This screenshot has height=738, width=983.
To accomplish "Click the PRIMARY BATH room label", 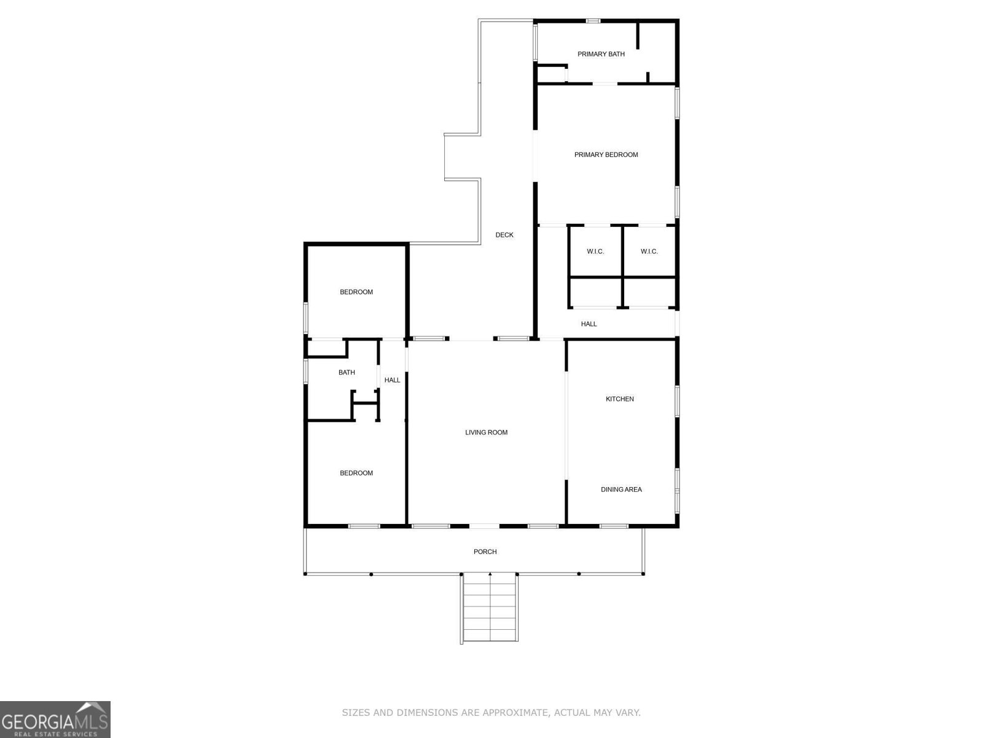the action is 600,54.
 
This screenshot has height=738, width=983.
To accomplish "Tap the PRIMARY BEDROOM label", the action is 606,154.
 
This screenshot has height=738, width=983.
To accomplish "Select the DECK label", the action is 504,235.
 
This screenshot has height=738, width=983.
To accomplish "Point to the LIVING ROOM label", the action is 486,432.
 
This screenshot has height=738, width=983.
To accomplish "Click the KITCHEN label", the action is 619,399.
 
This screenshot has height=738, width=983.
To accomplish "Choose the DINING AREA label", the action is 621,490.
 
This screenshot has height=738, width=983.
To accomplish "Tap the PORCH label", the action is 485,552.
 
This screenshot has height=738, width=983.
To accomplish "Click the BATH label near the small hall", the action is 347,372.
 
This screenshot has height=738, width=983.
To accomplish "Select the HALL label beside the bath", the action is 392,380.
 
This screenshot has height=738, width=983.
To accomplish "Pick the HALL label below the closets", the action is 589,324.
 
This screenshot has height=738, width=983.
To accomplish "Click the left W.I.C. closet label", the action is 595,252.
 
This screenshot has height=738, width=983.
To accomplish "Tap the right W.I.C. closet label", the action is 649,252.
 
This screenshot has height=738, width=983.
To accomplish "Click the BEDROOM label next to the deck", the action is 356,292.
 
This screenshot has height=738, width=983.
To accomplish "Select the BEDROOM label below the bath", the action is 356,473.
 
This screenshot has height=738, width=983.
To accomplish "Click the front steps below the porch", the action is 490,608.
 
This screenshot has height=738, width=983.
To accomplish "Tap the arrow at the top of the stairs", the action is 490,574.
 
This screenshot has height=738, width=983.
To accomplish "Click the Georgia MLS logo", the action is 55,719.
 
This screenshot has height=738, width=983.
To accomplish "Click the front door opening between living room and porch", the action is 484,526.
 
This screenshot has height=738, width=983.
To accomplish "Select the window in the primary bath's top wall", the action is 593,21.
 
